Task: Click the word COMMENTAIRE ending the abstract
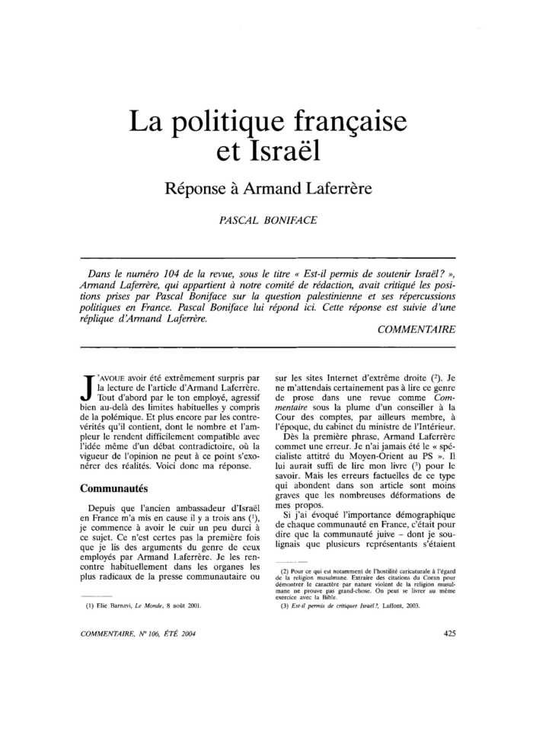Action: click(416, 329)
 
